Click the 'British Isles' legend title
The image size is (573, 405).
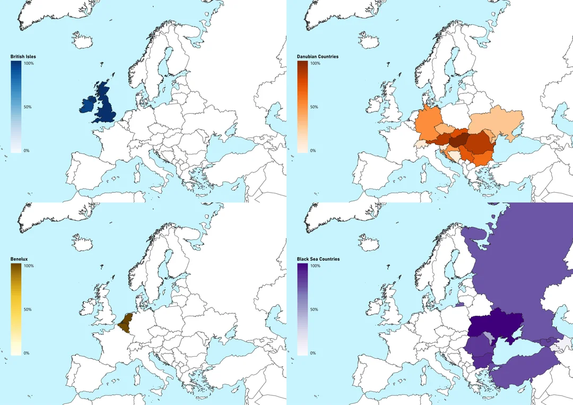23,56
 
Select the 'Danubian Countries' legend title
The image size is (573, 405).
318,56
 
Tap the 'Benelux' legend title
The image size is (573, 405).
19,259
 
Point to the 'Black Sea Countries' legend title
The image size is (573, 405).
318,259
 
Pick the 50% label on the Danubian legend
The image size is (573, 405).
314,107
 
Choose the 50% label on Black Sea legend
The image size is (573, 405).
314,309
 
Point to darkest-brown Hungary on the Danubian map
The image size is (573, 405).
459,140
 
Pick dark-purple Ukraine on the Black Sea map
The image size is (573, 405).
496,324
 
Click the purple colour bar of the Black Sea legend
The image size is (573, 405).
302,309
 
